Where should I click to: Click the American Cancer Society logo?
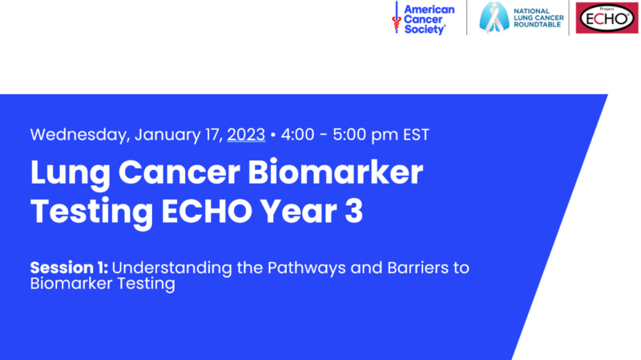[424, 18]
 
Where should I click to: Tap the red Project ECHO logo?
[607, 18]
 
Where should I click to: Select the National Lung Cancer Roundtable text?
[538, 18]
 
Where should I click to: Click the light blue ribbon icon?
[494, 17]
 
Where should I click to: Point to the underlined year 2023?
[246, 135]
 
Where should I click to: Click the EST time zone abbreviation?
[416, 135]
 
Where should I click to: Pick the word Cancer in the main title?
[179, 172]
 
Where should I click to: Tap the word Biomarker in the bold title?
[335, 172]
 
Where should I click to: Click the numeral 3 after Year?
[354, 212]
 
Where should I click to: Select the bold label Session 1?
[69, 268]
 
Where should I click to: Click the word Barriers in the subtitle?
[417, 268]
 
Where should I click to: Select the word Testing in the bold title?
[91, 212]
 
